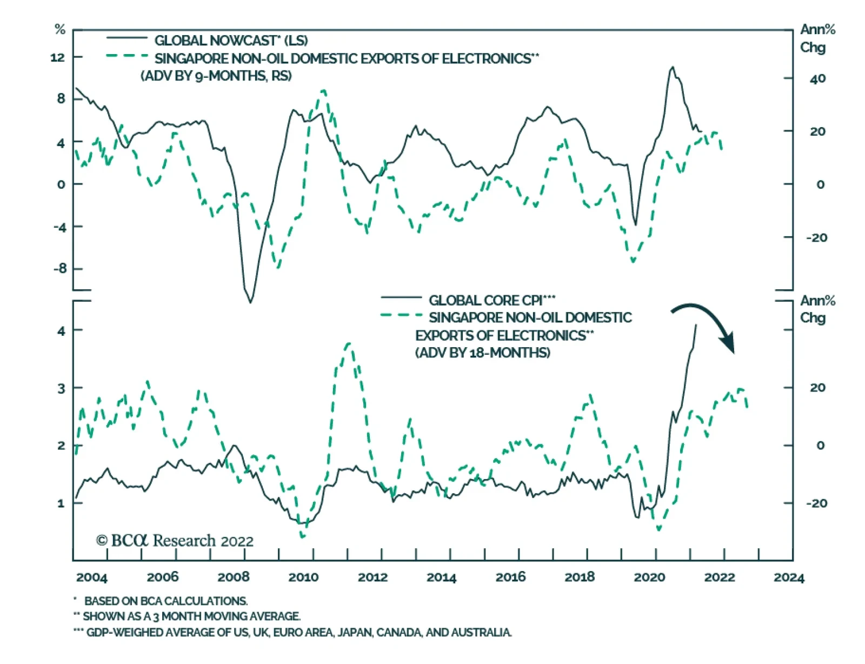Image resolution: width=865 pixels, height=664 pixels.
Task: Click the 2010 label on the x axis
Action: [303, 577]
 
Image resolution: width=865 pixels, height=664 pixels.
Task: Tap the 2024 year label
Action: [789, 577]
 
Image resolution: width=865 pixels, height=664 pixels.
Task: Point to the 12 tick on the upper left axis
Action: [57, 57]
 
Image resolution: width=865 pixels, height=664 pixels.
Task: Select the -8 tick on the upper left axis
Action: [59, 269]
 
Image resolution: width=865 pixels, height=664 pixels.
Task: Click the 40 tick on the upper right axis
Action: [817, 79]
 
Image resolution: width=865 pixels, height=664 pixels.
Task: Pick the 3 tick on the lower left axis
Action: [61, 388]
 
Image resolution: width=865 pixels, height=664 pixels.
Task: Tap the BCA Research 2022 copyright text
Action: [175, 541]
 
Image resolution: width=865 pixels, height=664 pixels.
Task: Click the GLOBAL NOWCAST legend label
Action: [231, 41]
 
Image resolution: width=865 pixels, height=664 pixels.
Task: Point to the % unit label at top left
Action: [60, 30]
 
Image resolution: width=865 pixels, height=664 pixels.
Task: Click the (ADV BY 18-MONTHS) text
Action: [483, 353]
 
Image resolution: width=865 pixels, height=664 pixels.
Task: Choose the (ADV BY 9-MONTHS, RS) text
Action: [216, 76]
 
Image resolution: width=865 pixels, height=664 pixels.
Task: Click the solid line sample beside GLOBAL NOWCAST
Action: [127, 38]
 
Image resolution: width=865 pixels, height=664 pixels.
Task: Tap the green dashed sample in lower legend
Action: [401, 315]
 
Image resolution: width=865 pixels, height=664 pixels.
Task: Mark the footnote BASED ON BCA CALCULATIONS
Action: [165, 601]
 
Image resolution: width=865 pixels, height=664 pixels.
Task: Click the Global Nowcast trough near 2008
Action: [250, 302]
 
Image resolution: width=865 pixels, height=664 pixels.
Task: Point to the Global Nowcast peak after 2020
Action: [673, 68]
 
